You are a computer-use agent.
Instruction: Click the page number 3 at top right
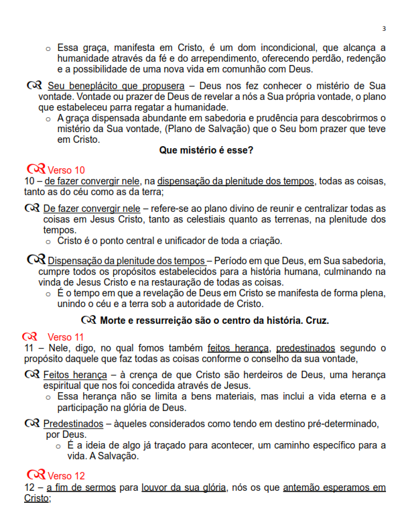click(384, 28)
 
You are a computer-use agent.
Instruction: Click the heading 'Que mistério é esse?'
click(206, 151)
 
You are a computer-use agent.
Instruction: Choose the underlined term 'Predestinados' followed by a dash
click(73, 424)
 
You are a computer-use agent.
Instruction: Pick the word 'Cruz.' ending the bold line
click(314, 320)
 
